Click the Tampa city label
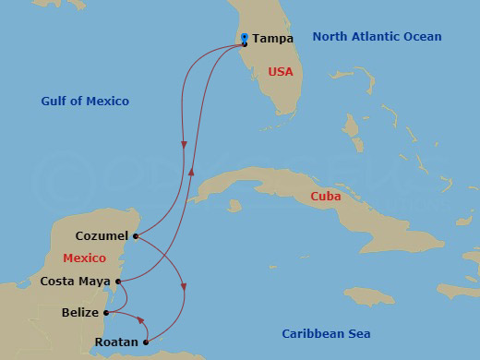(x=272, y=39)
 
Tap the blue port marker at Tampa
(x=244, y=38)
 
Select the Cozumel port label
(x=102, y=236)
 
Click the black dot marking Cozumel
(x=136, y=236)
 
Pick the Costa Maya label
(x=77, y=281)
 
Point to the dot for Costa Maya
(x=118, y=281)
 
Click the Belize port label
(x=81, y=313)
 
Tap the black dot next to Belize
(x=107, y=313)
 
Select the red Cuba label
(x=326, y=197)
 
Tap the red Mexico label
(x=84, y=258)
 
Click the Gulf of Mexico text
(x=85, y=101)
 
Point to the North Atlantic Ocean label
(x=377, y=37)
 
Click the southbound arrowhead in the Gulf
(x=185, y=145)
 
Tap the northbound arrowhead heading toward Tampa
(x=192, y=172)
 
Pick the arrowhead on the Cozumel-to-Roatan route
(x=185, y=287)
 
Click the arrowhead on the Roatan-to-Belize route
(x=140, y=320)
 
